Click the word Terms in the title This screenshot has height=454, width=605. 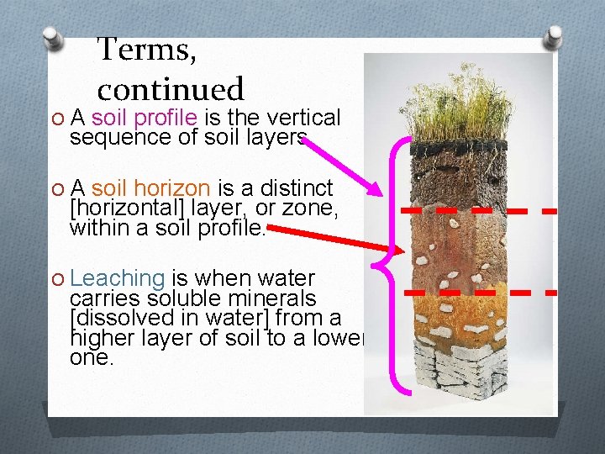pos(147,50)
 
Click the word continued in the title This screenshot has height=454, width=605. pos(170,88)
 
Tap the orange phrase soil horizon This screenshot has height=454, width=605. pos(150,188)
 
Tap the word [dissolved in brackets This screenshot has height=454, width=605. pos(114,318)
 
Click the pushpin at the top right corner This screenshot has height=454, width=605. pos(554,37)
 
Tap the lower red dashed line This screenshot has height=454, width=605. pos(479,293)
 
